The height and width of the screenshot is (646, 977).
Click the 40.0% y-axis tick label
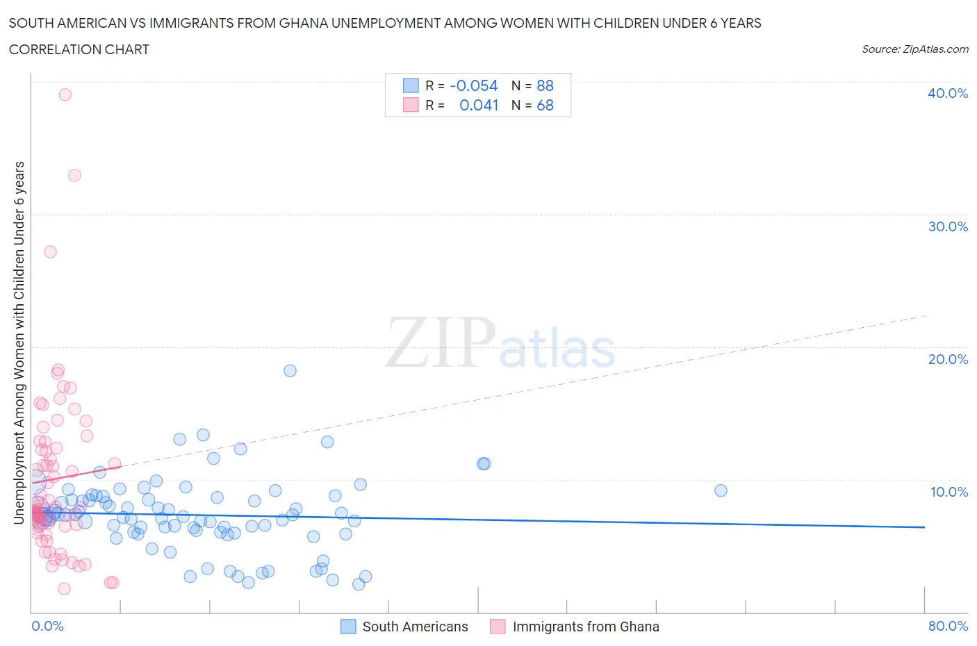point(947,93)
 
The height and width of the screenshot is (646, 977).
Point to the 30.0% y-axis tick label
point(947,226)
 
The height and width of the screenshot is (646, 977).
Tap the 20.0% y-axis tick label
point(947,359)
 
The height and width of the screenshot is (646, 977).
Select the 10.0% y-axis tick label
point(949,492)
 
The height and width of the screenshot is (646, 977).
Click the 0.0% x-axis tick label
point(47,626)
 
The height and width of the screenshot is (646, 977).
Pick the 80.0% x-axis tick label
point(948,626)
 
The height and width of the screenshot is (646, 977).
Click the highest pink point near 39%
point(65,94)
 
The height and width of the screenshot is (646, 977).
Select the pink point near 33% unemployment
point(74,175)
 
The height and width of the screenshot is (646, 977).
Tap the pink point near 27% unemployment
point(50,251)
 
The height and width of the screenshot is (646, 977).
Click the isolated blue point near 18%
point(290,371)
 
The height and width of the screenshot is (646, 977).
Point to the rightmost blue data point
point(721,490)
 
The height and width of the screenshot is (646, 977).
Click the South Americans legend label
point(415,627)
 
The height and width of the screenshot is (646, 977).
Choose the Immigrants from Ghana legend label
point(585,627)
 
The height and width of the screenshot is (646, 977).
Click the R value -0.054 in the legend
point(473,85)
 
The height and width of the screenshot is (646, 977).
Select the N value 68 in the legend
point(545,105)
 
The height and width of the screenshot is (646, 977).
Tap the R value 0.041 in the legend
point(479,105)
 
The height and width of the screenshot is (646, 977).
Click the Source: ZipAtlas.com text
point(914,49)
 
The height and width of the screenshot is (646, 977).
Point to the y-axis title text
point(19,342)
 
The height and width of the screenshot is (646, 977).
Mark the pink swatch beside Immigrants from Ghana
point(497,627)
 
